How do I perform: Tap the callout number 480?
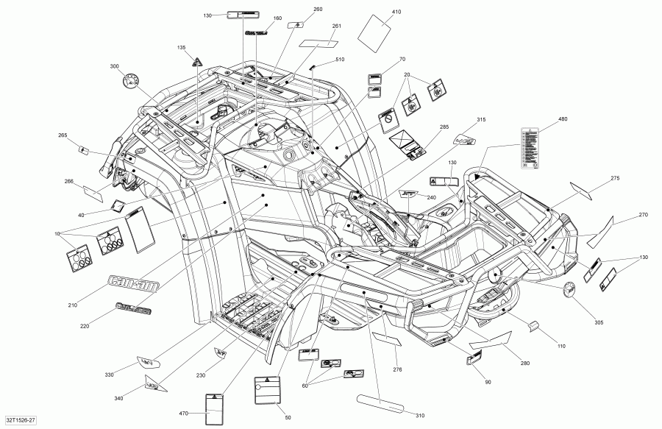point(563,119)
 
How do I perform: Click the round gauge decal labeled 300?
point(133,80)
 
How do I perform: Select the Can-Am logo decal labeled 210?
point(129,282)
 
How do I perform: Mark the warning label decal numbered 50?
point(268,389)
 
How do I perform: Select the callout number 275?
point(616,178)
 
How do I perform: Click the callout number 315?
point(481,119)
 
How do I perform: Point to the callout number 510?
point(340,59)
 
